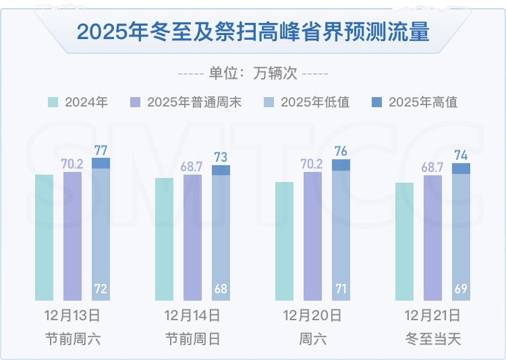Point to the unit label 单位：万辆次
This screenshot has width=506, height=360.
click(253, 73)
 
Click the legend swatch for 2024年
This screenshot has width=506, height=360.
click(53, 102)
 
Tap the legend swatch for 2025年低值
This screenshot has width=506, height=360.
click(269, 102)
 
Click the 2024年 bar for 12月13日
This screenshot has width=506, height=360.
click(44, 237)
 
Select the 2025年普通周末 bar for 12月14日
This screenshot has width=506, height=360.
click(192, 237)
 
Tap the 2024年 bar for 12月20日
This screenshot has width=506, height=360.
click(285, 241)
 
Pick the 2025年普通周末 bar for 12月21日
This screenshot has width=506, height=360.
click(432, 237)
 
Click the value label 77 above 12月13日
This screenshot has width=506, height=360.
click(101, 150)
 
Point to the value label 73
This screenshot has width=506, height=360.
click(221, 157)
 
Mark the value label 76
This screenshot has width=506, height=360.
click(341, 151)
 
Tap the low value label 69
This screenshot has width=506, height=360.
click(461, 290)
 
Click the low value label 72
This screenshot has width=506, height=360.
click(101, 290)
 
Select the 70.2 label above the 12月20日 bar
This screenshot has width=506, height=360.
click(312, 163)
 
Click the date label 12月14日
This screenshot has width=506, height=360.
click(192, 316)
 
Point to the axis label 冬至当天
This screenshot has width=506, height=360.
click(432, 339)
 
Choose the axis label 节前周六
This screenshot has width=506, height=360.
click(72, 339)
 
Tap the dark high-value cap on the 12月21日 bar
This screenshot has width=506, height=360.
click(461, 169)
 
